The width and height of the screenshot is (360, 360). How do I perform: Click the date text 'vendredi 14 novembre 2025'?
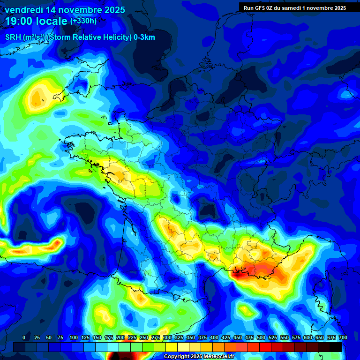pyautogui.click(x=65, y=10)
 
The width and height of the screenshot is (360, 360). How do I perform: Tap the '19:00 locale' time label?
pyautogui.click(x=37, y=22)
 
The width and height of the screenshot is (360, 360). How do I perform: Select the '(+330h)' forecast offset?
pyautogui.click(x=83, y=21)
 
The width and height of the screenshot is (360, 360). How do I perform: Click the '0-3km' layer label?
pyautogui.click(x=144, y=37)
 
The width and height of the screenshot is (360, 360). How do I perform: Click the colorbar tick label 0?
pyautogui.click(x=24, y=338)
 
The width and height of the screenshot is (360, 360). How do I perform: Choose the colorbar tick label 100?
pyautogui.click(x=73, y=338)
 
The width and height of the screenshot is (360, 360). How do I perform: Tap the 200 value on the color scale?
pyautogui.click(x=120, y=338)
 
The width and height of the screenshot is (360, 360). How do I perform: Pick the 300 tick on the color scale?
pyautogui.click(x=167, y=338)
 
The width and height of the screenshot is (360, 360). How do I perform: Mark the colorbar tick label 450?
pyautogui.click(x=238, y=338)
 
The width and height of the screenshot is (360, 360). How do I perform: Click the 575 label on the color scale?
pyautogui.click(x=296, y=338)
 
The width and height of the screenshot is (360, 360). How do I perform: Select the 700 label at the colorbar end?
pyautogui.click(x=343, y=338)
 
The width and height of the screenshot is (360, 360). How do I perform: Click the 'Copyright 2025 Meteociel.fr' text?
pyautogui.click(x=203, y=357)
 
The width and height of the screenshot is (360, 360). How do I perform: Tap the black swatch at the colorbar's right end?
pyautogui.click(x=336, y=347)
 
